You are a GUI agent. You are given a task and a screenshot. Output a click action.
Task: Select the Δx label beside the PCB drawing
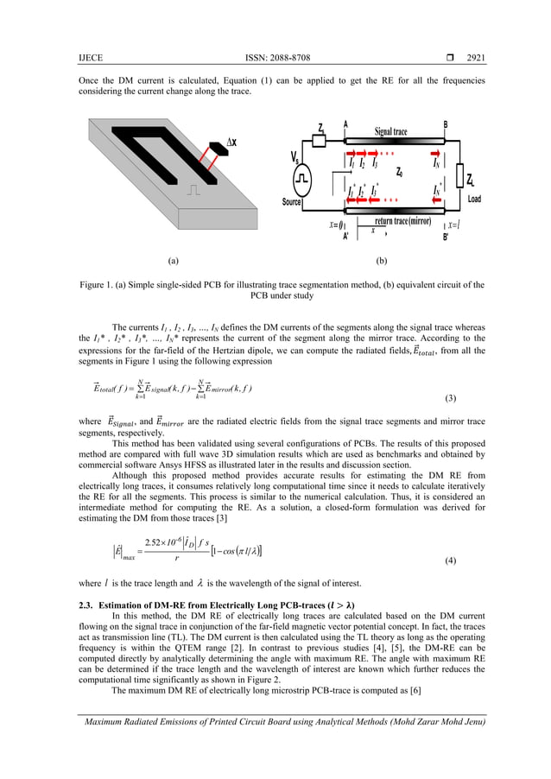tap(232, 142)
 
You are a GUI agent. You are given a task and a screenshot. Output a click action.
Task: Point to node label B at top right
tap(446, 124)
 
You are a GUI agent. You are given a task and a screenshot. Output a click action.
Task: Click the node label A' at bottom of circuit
tap(345, 236)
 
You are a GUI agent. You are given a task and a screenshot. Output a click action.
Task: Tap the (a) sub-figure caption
tap(172, 258)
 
